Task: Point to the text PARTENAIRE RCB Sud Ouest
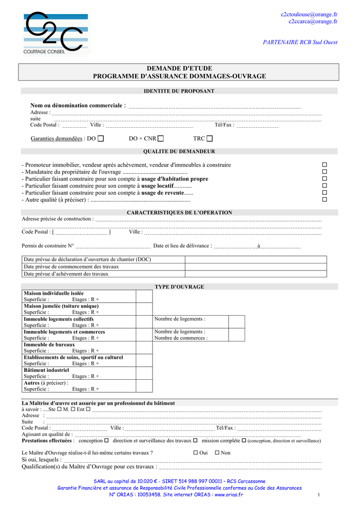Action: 300,42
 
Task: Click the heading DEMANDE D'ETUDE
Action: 179,68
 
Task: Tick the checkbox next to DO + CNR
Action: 161,139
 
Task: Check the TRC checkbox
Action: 209,139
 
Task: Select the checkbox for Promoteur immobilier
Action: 325,165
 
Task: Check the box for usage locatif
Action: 325,185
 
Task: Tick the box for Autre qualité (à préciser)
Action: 325,199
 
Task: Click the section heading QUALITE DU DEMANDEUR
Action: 179,151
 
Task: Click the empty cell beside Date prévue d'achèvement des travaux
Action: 256,273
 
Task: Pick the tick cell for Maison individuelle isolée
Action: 144,296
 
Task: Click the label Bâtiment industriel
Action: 46,370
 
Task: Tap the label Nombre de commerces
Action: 181,338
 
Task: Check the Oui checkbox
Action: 195,453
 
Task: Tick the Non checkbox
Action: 217,453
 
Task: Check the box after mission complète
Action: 244,440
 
